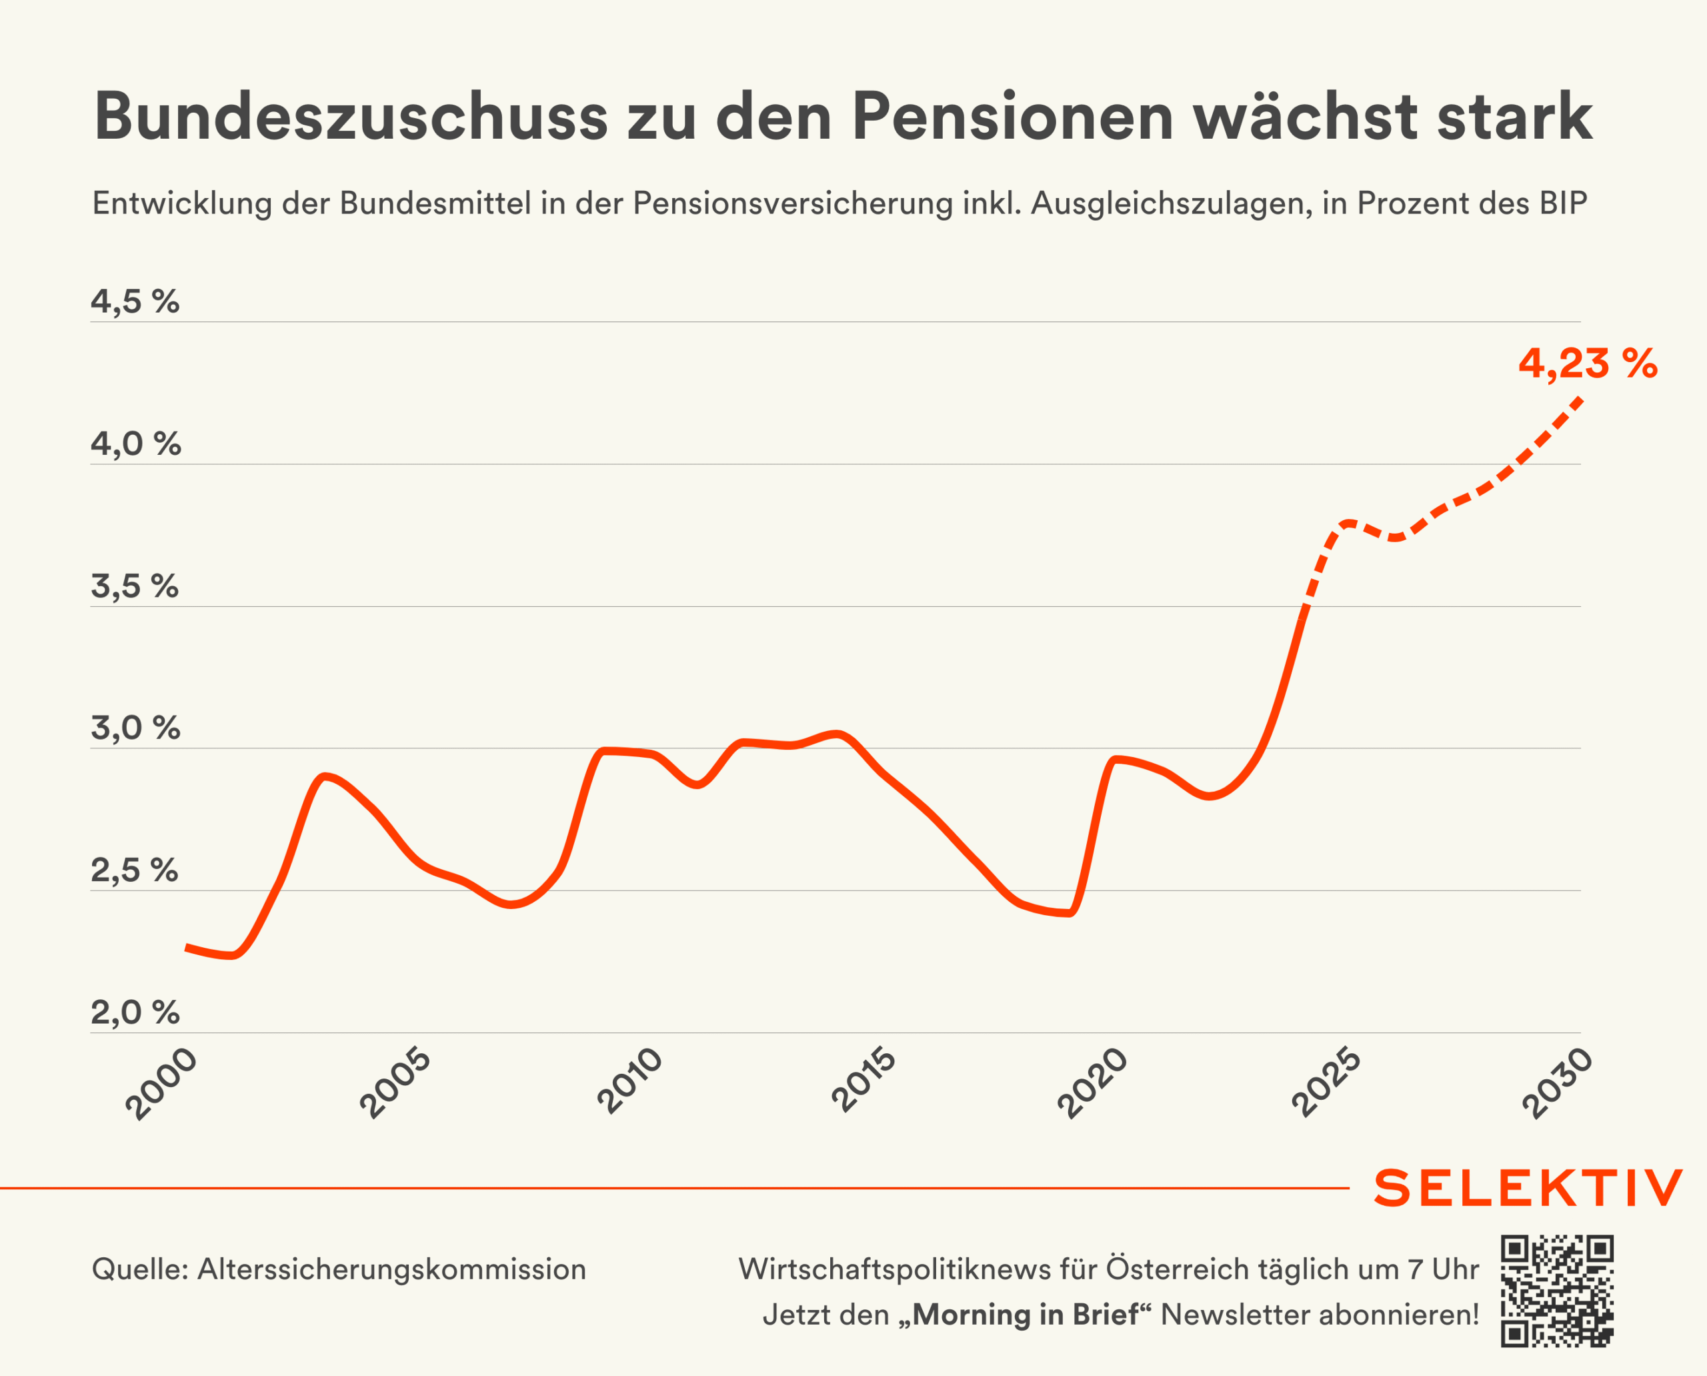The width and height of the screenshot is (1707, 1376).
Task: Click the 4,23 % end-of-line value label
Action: (1588, 364)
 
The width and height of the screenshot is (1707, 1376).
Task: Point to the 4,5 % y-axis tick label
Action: (135, 302)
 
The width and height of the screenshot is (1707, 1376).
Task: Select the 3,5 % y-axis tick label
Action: (135, 586)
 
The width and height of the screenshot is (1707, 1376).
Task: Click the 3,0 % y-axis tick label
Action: (135, 728)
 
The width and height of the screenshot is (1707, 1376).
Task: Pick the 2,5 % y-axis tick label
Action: (135, 870)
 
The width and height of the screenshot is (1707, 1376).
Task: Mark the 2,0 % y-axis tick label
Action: (135, 1013)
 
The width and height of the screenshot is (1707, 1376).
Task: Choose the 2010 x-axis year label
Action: (629, 1082)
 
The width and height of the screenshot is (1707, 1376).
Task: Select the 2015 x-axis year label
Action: (864, 1082)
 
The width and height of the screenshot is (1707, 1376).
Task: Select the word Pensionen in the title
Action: (1012, 117)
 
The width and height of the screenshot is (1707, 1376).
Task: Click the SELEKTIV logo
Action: (1528, 1188)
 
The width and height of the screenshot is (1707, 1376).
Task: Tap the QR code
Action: (1557, 1291)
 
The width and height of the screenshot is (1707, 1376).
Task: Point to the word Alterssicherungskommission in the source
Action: (391, 1270)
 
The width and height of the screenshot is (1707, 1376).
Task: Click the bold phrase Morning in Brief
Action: (1026, 1315)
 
